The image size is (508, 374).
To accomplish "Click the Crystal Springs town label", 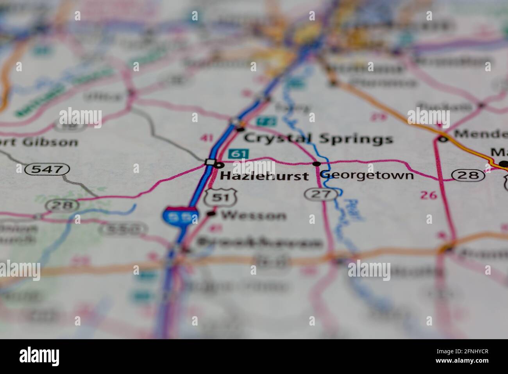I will click(318, 138).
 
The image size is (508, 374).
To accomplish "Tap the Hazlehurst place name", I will click(264, 176).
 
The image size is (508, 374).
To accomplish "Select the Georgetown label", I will click(367, 174).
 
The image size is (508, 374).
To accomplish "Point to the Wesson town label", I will click(253, 215).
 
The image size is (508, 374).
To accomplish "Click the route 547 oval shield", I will click(47, 169).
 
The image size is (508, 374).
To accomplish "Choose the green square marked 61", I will click(238, 154).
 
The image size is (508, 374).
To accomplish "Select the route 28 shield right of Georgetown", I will click(468, 175).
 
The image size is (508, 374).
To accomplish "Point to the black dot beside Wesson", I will click(211, 213).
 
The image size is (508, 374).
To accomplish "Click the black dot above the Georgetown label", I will click(317, 164).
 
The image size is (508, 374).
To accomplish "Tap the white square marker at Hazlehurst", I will click(210, 162).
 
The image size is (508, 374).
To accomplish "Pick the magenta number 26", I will click(428, 195).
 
